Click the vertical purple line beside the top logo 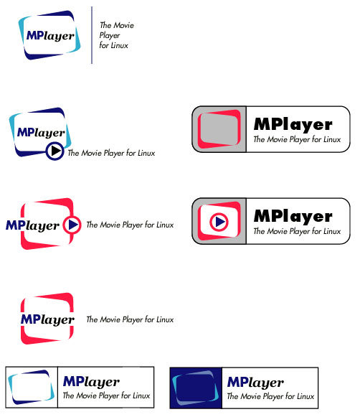click(92, 35)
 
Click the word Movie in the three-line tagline click(124, 25)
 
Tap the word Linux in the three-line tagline click(119, 45)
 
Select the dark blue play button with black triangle click(55, 151)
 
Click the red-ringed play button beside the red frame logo click(72, 225)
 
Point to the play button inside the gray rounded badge click(219, 221)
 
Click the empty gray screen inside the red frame click(219, 129)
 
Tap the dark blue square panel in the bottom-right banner click(196, 388)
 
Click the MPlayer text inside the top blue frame click(50, 36)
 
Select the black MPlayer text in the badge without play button click(293, 125)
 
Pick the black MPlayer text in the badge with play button click(293, 217)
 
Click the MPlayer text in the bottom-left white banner click(91, 382)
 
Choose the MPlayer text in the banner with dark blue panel click(255, 383)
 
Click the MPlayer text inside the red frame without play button click(47, 319)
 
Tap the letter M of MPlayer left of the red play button click(11, 225)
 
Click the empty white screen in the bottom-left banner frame click(31, 388)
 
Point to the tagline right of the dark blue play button click(111, 153)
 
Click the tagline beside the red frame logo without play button click(130, 319)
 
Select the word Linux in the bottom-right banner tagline click(305, 396)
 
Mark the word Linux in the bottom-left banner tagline click(141, 395)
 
